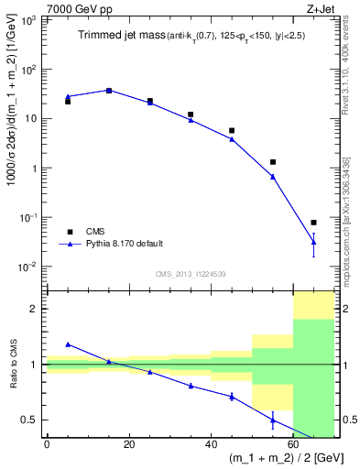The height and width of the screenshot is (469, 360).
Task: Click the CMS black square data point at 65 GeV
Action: (313, 223)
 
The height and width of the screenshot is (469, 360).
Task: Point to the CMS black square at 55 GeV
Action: (273, 162)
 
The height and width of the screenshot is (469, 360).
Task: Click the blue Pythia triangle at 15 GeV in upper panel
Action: (109, 90)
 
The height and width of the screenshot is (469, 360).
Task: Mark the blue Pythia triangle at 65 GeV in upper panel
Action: (313, 241)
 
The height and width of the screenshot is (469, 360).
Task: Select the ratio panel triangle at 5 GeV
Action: (69, 344)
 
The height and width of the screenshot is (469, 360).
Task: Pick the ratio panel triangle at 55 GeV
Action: (273, 420)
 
